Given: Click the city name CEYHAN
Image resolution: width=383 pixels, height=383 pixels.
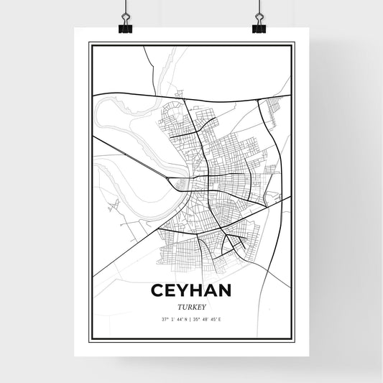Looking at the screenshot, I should point(191,290).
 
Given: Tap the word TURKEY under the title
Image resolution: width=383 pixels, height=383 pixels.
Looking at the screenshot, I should point(191,305).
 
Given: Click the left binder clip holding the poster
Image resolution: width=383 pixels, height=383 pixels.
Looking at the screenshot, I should point(126,24).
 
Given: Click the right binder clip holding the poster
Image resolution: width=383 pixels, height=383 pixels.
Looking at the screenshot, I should point(259,24).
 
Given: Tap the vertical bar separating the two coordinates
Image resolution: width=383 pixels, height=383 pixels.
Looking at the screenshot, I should point(191,319).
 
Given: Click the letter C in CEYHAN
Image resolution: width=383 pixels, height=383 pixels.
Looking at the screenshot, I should point(158,290).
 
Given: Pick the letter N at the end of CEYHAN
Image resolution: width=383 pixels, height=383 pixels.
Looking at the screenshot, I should point(223,290).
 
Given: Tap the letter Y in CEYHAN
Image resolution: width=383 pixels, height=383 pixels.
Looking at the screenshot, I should point(184,290).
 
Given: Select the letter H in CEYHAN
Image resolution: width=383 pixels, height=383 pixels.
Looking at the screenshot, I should point(197,290).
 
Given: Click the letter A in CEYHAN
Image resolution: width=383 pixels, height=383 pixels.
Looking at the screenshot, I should point(210,290).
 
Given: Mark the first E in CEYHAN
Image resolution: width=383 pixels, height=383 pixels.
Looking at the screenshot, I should point(171,290).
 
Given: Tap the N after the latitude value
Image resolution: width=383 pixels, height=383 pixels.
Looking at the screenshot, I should point(186,319).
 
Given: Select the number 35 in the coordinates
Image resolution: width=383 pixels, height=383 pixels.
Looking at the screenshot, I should point(198,319).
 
